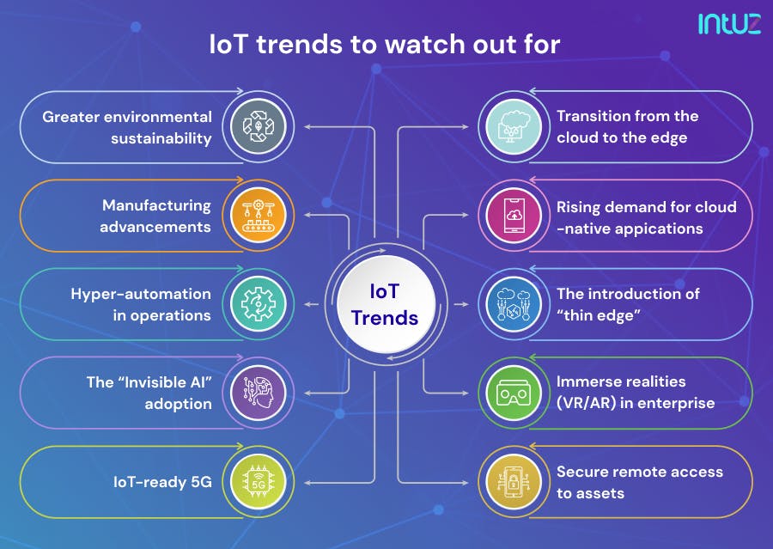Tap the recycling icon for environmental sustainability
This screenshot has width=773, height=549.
258,127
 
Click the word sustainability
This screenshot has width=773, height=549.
161,137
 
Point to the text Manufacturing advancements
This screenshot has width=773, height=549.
155,216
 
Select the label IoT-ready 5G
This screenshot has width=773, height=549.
162,481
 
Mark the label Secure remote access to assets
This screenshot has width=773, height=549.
639,482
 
